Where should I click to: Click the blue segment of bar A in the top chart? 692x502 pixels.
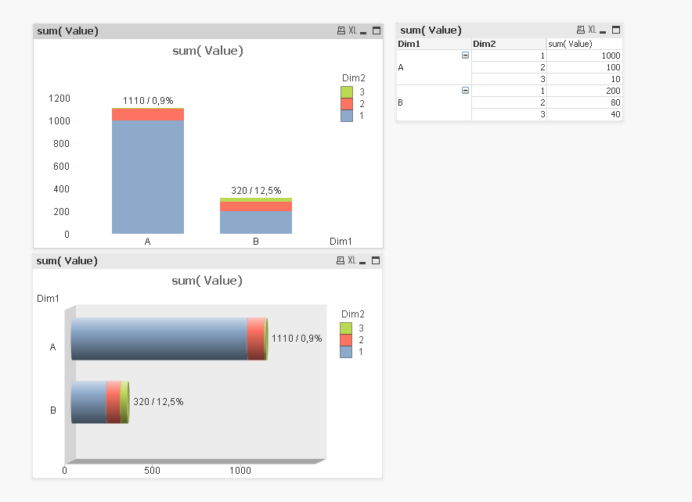[x=148, y=177]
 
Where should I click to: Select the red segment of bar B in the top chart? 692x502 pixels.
[x=256, y=206]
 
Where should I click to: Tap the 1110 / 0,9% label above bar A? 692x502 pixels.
[x=148, y=101]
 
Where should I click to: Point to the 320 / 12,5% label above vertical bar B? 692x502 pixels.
[x=256, y=191]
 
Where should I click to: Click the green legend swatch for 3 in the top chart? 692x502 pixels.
[x=347, y=91]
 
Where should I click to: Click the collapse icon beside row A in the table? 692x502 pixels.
[x=466, y=56]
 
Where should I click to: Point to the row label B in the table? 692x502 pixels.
[x=401, y=102]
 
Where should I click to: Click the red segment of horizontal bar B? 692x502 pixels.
[x=114, y=402]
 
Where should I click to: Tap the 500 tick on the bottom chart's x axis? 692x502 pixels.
[x=153, y=471]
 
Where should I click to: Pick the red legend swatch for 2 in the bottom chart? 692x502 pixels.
[x=346, y=340]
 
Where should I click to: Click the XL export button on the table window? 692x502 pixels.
[x=592, y=30]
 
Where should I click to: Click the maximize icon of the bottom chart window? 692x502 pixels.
[x=376, y=260]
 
